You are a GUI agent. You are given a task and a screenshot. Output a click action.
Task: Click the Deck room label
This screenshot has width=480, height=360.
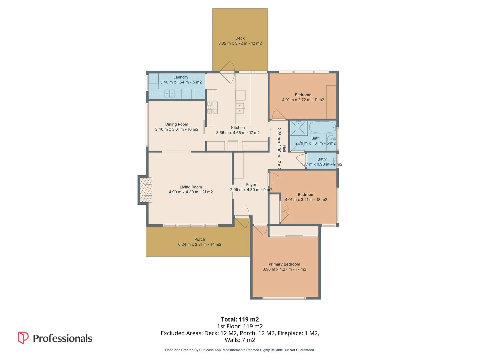coord(240,38)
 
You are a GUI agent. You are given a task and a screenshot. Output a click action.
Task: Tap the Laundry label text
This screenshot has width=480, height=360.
coord(181,77)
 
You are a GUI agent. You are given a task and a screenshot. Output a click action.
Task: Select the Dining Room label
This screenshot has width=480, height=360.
coord(176,124)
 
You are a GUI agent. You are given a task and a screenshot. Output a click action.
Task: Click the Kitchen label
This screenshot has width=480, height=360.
coord(238,128)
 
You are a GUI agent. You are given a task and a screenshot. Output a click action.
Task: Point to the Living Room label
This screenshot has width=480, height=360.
coord(190,187)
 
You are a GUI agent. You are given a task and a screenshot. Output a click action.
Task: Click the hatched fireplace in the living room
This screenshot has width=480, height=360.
coord(146,190)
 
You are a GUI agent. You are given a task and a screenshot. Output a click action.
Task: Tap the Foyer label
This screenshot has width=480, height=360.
coord(251,185)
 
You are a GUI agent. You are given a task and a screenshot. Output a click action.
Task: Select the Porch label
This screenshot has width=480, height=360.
coord(200,239)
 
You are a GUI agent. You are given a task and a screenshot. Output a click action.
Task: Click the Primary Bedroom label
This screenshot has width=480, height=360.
coord(284,264)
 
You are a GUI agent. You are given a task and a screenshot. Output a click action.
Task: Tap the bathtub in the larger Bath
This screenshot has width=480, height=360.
coord(322,127)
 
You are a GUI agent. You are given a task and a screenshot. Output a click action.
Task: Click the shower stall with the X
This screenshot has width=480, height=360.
coord(299,128)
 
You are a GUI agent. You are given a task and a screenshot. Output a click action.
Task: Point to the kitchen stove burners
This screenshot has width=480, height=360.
coord(212,108)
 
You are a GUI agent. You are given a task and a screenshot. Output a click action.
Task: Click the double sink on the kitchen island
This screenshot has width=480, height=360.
coord(240,108)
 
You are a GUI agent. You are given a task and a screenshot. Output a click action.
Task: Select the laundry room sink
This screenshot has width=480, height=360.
coord(169,94)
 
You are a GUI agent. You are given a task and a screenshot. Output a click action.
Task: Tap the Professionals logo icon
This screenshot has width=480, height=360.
coord(23,338)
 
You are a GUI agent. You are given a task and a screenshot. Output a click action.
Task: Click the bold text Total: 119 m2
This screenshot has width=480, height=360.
coord(240,319)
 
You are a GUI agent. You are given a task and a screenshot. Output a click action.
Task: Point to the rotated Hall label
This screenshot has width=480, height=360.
coord(284,149)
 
